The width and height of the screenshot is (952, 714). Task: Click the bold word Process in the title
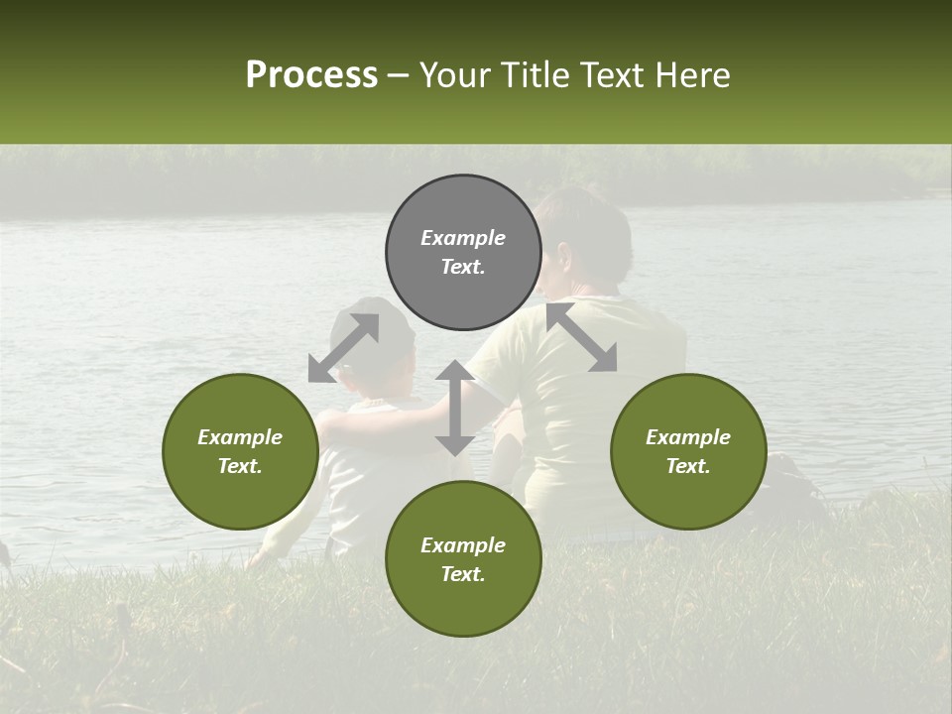311,75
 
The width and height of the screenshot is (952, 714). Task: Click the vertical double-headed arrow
454,408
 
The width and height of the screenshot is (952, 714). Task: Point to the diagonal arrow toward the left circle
343,348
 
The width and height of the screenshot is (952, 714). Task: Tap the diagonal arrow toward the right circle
582,338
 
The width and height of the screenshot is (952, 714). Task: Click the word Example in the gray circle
463,238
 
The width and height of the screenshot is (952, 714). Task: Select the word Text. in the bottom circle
463,574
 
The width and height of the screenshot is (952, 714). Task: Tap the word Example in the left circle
240,437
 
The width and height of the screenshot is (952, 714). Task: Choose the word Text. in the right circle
688,466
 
